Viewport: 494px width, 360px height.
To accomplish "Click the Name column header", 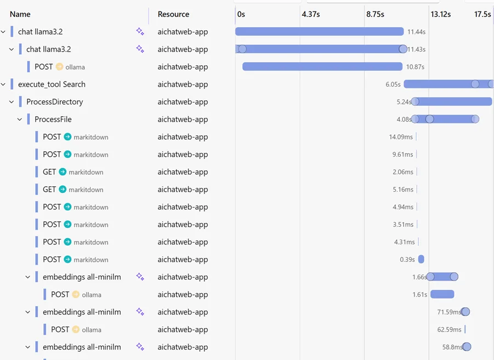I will pyautogui.click(x=20, y=14).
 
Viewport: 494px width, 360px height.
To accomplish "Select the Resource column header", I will pyautogui.click(x=173, y=14).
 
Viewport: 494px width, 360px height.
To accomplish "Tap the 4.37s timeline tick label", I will pyautogui.click(x=310, y=14).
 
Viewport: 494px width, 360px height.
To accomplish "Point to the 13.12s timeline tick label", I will pyautogui.click(x=440, y=14).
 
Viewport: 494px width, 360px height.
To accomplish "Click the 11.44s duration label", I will pyautogui.click(x=416, y=32).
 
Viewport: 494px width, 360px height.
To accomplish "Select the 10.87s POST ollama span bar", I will pyautogui.click(x=322, y=67).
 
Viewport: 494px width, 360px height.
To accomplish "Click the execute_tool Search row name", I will pyautogui.click(x=52, y=84).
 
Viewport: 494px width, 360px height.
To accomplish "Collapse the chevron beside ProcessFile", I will pyautogui.click(x=20, y=119).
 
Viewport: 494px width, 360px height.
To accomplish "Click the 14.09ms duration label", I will pyautogui.click(x=401, y=137).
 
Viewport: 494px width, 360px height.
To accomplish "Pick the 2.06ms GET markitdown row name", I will pyautogui.click(x=49, y=172).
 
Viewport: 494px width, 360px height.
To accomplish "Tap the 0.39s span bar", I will pyautogui.click(x=421, y=260).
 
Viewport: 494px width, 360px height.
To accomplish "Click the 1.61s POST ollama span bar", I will pyautogui.click(x=442, y=295).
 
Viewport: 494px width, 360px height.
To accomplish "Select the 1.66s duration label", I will pyautogui.click(x=419, y=277).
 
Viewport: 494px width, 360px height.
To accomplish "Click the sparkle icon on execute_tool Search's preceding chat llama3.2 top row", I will pyautogui.click(x=140, y=32).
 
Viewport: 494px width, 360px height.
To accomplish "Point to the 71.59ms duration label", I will pyautogui.click(x=448, y=312).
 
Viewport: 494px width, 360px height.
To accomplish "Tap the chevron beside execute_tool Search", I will pyautogui.click(x=3, y=84).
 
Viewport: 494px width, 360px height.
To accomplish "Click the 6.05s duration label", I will pyautogui.click(x=393, y=84).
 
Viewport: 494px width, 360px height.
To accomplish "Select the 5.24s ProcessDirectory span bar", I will pyautogui.click(x=453, y=102).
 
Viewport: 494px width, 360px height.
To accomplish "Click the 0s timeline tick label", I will pyautogui.click(x=241, y=14).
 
